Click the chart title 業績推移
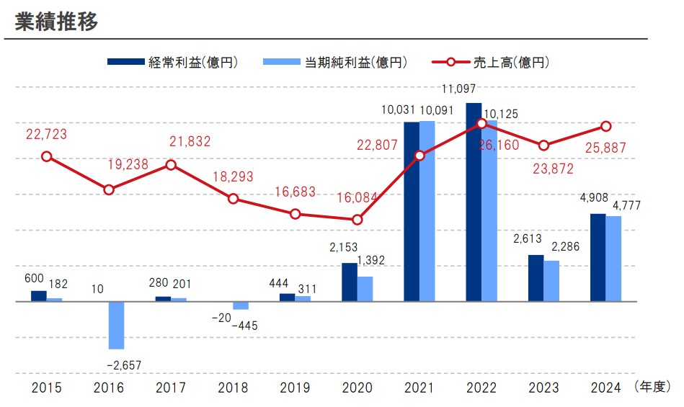click(56, 21)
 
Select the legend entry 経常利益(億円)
click(173, 62)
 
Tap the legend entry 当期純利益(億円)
click(335, 62)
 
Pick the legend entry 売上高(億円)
click(490, 62)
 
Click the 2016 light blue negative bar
click(116, 325)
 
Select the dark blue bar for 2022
click(474, 202)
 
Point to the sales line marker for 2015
click(47, 156)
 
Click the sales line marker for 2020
click(357, 220)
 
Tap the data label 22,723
click(47, 133)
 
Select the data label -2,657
click(123, 366)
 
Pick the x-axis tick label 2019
click(295, 388)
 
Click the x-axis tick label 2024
click(605, 388)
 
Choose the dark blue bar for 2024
click(598, 257)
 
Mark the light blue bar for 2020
click(365, 289)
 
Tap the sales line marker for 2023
click(544, 146)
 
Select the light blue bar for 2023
click(551, 281)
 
